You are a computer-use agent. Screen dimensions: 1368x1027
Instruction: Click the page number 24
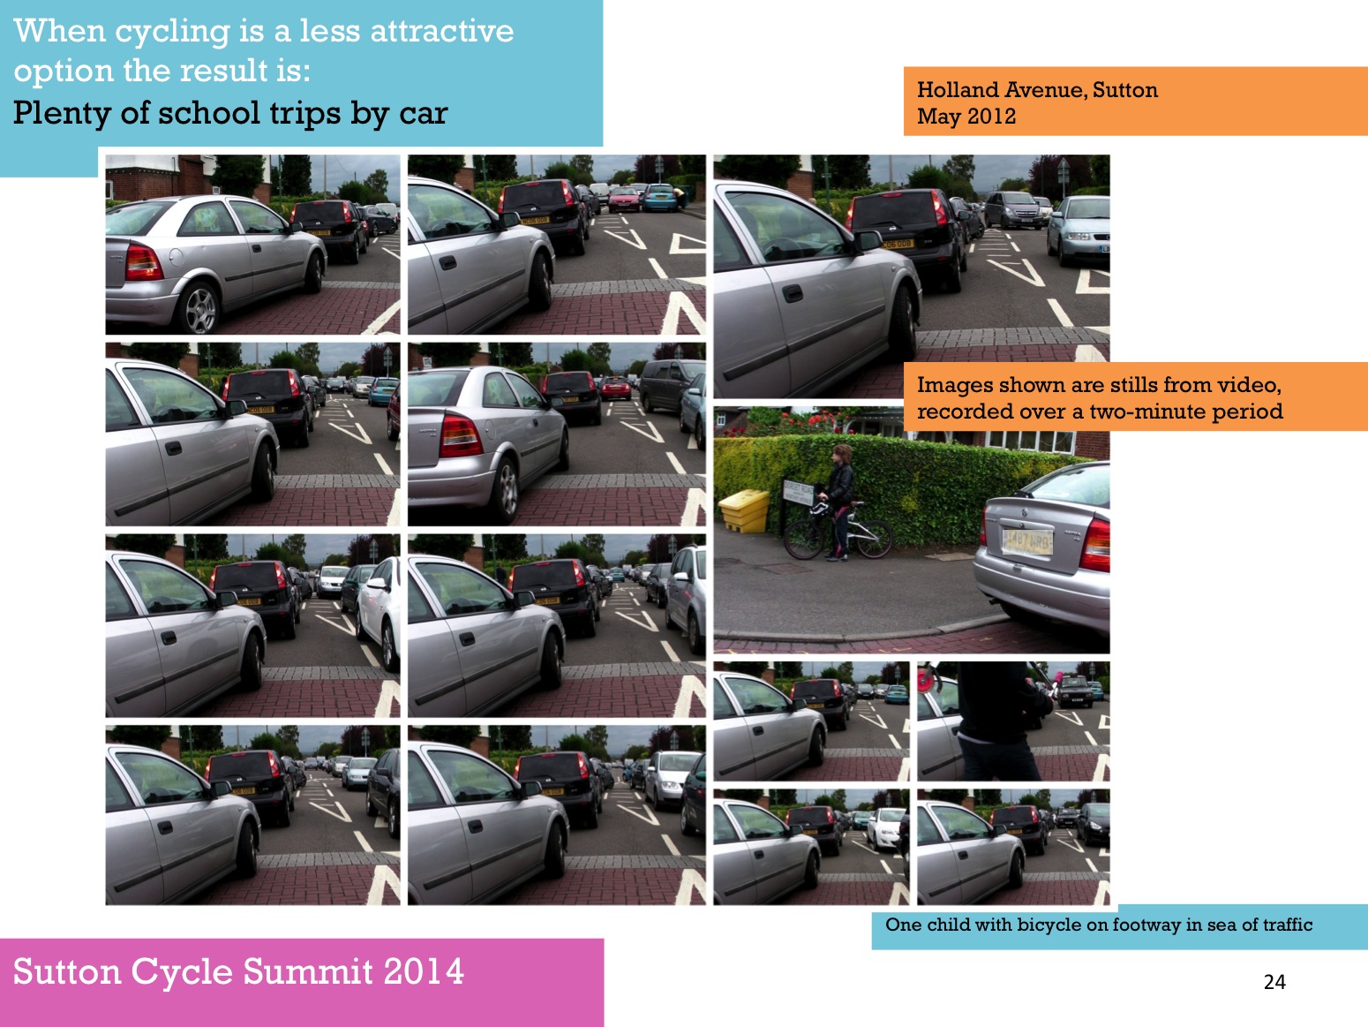(1274, 982)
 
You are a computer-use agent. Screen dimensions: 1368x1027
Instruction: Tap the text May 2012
(966, 116)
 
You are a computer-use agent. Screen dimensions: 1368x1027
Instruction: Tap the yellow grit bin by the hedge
(746, 510)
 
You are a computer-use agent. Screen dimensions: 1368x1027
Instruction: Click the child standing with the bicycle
(838, 502)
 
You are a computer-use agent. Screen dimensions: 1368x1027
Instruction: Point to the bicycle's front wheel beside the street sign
(804, 540)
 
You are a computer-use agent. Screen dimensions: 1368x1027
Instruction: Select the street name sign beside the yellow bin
(799, 492)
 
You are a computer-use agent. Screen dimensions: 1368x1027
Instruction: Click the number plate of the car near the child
(1027, 541)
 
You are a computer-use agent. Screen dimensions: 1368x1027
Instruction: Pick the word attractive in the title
(442, 31)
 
